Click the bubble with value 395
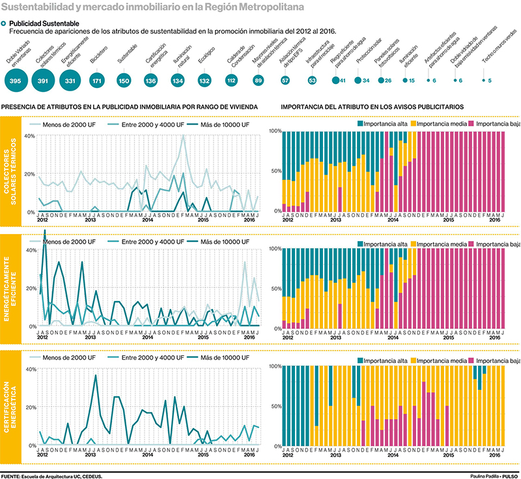coord(16,80)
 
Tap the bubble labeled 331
coord(70,80)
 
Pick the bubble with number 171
coord(97,80)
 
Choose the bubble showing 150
coord(124,80)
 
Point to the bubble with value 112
coord(231,80)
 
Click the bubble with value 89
coord(258,80)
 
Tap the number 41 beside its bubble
coord(343,80)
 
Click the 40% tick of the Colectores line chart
coord(29,136)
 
